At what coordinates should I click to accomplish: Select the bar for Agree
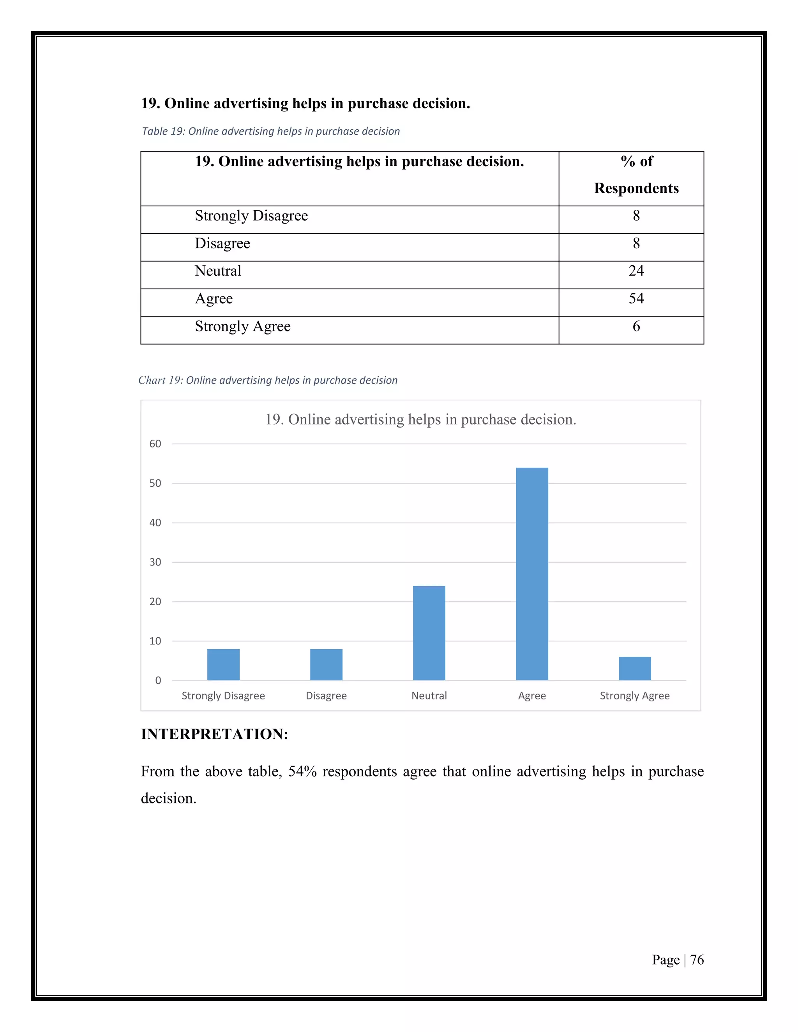pyautogui.click(x=532, y=574)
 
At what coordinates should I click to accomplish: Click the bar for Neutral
pyautogui.click(x=429, y=633)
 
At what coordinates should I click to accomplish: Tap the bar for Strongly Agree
pyautogui.click(x=634, y=668)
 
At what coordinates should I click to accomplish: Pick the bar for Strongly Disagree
pyautogui.click(x=223, y=664)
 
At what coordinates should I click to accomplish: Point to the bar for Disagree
pyautogui.click(x=326, y=664)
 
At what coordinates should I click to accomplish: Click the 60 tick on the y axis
pyautogui.click(x=155, y=444)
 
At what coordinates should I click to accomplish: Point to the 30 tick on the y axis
pyautogui.click(x=155, y=562)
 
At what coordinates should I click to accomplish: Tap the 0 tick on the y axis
pyautogui.click(x=158, y=680)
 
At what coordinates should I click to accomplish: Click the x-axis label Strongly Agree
pyautogui.click(x=634, y=696)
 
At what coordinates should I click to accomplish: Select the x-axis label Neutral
pyautogui.click(x=429, y=696)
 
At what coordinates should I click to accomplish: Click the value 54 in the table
pyautogui.click(x=636, y=299)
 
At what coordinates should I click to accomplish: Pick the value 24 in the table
pyautogui.click(x=636, y=271)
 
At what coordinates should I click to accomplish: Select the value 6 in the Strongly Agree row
pyautogui.click(x=636, y=326)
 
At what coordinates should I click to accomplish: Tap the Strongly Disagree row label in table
pyautogui.click(x=251, y=216)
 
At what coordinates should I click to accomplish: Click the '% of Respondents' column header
pyautogui.click(x=636, y=175)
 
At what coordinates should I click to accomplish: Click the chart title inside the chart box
pyautogui.click(x=420, y=419)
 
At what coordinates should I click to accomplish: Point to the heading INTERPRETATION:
pyautogui.click(x=214, y=734)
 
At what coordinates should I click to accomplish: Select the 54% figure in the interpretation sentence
pyautogui.click(x=302, y=771)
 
